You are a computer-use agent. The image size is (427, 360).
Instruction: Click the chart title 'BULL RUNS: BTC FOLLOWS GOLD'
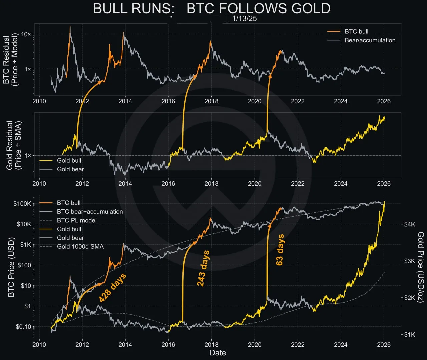tap(211, 9)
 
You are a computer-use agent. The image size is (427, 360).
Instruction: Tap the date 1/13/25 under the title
tap(244, 19)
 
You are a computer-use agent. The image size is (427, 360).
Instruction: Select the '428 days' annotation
tap(112, 288)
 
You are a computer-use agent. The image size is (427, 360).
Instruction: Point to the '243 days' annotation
tap(203, 268)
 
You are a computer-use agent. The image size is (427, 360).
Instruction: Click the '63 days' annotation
tap(280, 250)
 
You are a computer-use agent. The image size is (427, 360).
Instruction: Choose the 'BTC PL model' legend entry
tap(77, 220)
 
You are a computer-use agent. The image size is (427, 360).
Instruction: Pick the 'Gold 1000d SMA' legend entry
tap(80, 247)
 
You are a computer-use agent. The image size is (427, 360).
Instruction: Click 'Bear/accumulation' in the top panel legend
tap(370, 40)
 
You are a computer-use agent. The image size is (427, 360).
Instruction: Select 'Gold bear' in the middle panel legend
tap(70, 169)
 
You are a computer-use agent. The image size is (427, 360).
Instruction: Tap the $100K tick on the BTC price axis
tap(22, 204)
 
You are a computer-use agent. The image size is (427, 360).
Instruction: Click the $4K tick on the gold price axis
tap(409, 224)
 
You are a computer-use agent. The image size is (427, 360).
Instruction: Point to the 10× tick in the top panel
tap(26, 34)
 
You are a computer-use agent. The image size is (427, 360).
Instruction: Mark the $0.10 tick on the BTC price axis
tap(23, 327)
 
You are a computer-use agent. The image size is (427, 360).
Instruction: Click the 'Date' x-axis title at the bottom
tap(218, 353)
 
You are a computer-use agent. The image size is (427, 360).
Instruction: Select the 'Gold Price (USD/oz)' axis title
tap(421, 267)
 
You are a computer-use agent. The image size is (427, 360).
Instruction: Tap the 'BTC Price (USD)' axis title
tap(11, 267)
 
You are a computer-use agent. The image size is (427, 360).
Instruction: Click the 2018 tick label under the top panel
tap(211, 101)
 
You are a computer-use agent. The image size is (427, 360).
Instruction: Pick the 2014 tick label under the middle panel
tap(125, 184)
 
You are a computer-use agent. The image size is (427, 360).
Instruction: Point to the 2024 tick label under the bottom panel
tap(341, 345)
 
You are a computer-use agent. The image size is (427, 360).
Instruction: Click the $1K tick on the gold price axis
tap(409, 334)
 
